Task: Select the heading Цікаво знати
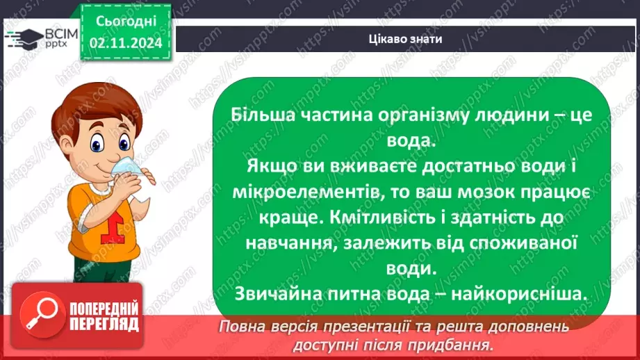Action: (405, 39)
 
